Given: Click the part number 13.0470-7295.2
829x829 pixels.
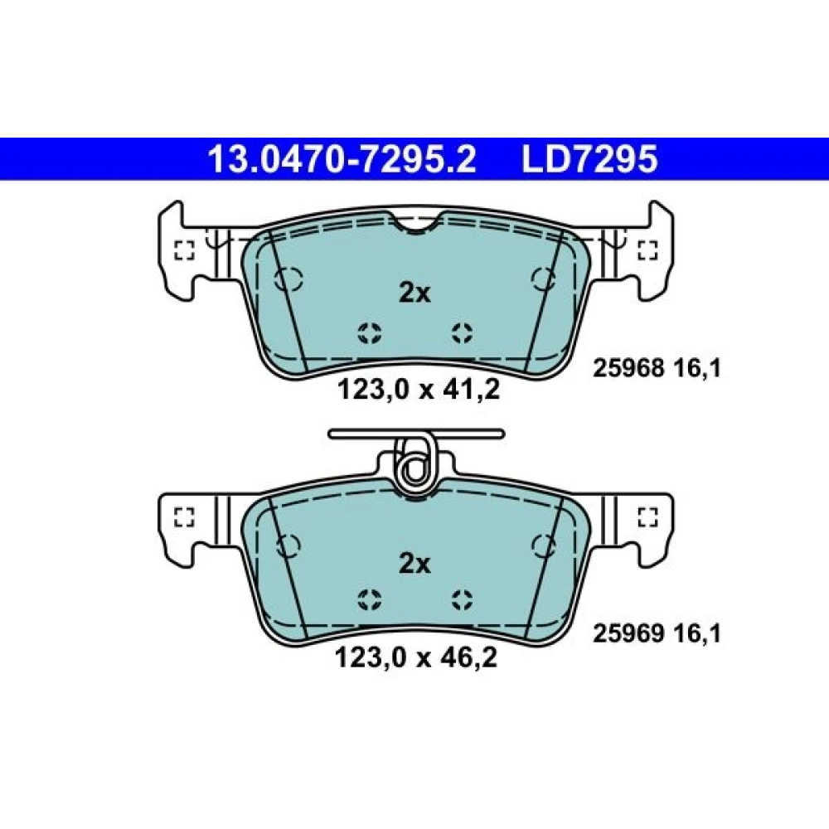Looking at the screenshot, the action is (342, 159).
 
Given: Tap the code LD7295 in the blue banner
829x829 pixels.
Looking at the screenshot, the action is (589, 159).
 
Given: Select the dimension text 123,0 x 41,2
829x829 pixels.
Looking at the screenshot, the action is (418, 390).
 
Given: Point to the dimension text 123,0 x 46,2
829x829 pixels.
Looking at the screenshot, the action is (416, 658).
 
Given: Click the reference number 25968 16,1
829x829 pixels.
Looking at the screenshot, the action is (657, 369).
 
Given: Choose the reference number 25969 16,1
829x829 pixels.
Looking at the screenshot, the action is (657, 633).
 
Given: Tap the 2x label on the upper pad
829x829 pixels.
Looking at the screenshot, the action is (415, 293).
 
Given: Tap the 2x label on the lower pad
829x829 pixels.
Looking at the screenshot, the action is (415, 564).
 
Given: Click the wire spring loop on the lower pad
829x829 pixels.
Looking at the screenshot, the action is (415, 465).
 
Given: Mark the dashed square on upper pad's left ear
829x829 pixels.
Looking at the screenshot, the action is (185, 250).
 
